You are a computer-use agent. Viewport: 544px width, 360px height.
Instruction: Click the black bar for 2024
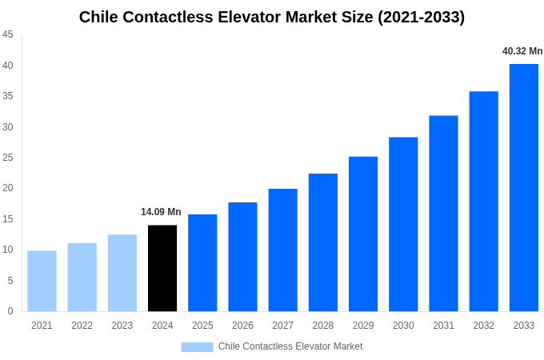pos(162,268)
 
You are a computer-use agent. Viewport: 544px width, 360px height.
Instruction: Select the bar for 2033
pos(523,188)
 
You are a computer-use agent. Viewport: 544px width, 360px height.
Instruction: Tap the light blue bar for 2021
pos(42,281)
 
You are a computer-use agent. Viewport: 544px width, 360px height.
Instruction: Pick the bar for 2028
pos(322,242)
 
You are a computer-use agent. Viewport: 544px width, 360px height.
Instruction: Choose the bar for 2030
pos(403,224)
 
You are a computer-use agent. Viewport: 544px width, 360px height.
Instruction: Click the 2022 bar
pos(82,277)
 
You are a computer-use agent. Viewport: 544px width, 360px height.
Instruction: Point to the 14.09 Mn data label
pos(161,212)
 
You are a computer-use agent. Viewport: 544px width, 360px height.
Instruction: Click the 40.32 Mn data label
pos(522,51)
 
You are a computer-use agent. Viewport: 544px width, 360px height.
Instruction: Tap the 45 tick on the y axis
pos(8,34)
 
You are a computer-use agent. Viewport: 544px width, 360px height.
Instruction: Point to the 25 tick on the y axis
pos(8,158)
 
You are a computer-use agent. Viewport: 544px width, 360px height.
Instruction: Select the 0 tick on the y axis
pos(10,311)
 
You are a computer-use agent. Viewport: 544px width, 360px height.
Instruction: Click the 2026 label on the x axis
pos(242,326)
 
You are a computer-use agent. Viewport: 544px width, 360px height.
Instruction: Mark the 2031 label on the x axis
pos(443,326)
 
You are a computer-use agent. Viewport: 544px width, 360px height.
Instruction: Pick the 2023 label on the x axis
pos(122,326)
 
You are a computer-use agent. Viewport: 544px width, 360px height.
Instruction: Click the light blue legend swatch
pos(197,346)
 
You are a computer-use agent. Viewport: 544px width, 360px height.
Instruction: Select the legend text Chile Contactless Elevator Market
pos(290,346)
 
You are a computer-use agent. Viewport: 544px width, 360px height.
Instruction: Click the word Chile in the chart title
pos(99,17)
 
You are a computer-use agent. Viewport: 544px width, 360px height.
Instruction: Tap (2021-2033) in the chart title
pos(421,17)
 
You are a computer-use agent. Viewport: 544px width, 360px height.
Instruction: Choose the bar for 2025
pos(202,262)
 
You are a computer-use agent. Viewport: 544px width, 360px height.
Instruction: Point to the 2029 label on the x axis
pos(363,326)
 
